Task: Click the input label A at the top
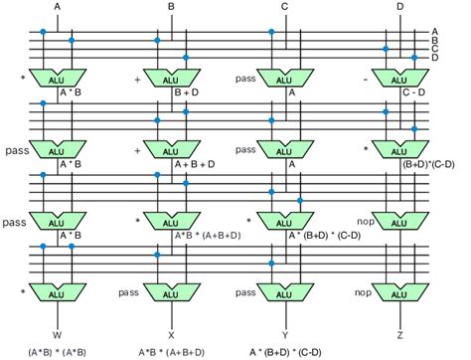[58, 7]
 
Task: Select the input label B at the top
[171, 7]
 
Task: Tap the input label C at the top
[284, 7]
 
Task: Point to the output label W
[57, 335]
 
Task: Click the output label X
[171, 335]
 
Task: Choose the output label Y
[285, 335]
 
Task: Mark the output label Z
[399, 335]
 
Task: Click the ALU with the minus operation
[400, 79]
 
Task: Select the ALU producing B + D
[172, 79]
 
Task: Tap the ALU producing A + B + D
[172, 149]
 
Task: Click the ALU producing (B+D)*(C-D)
[400, 149]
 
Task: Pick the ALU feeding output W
[58, 292]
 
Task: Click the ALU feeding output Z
[400, 292]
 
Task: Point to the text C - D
[413, 92]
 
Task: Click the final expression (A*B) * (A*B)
[57, 352]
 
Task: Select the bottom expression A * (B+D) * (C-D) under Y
[285, 352]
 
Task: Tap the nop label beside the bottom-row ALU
[363, 292]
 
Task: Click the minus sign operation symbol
[366, 80]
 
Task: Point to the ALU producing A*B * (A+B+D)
[172, 221]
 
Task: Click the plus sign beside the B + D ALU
[138, 80]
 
